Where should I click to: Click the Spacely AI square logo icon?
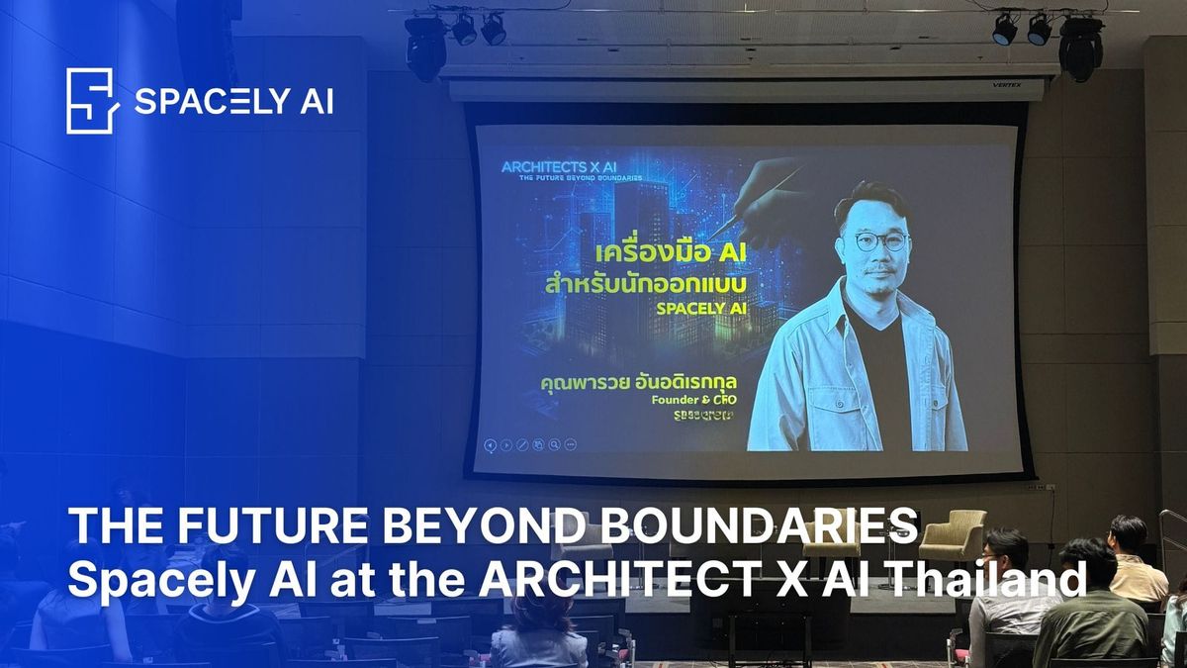click(92, 100)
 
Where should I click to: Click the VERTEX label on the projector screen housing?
click(1006, 85)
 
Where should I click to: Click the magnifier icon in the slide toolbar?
click(555, 445)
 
